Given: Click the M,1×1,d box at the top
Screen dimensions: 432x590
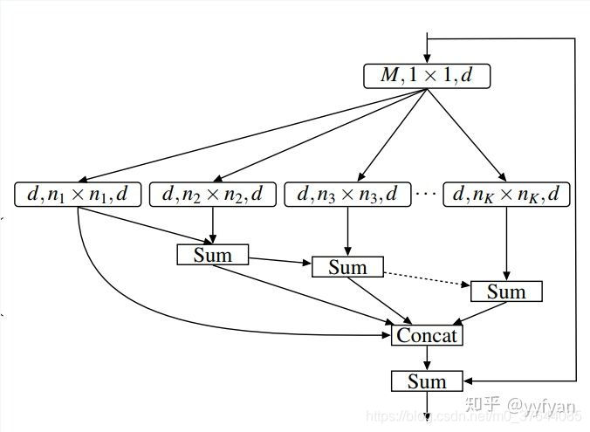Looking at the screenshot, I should (x=427, y=76).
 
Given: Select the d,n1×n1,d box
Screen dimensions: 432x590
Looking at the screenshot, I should (x=78, y=195).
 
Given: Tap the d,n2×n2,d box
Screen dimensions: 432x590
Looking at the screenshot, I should (x=213, y=195).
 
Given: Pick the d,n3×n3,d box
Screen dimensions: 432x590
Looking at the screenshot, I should (x=347, y=195).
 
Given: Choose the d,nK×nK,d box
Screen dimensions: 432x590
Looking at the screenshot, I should (x=506, y=195).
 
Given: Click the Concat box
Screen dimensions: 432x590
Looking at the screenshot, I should (x=427, y=335).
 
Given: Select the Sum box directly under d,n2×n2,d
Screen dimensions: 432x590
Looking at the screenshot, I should (x=213, y=255).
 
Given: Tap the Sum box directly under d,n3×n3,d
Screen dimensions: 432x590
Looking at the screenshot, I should (x=347, y=267).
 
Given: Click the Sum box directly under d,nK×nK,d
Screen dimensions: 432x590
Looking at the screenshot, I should (x=506, y=291).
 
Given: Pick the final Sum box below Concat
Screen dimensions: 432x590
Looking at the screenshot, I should (x=427, y=381).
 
